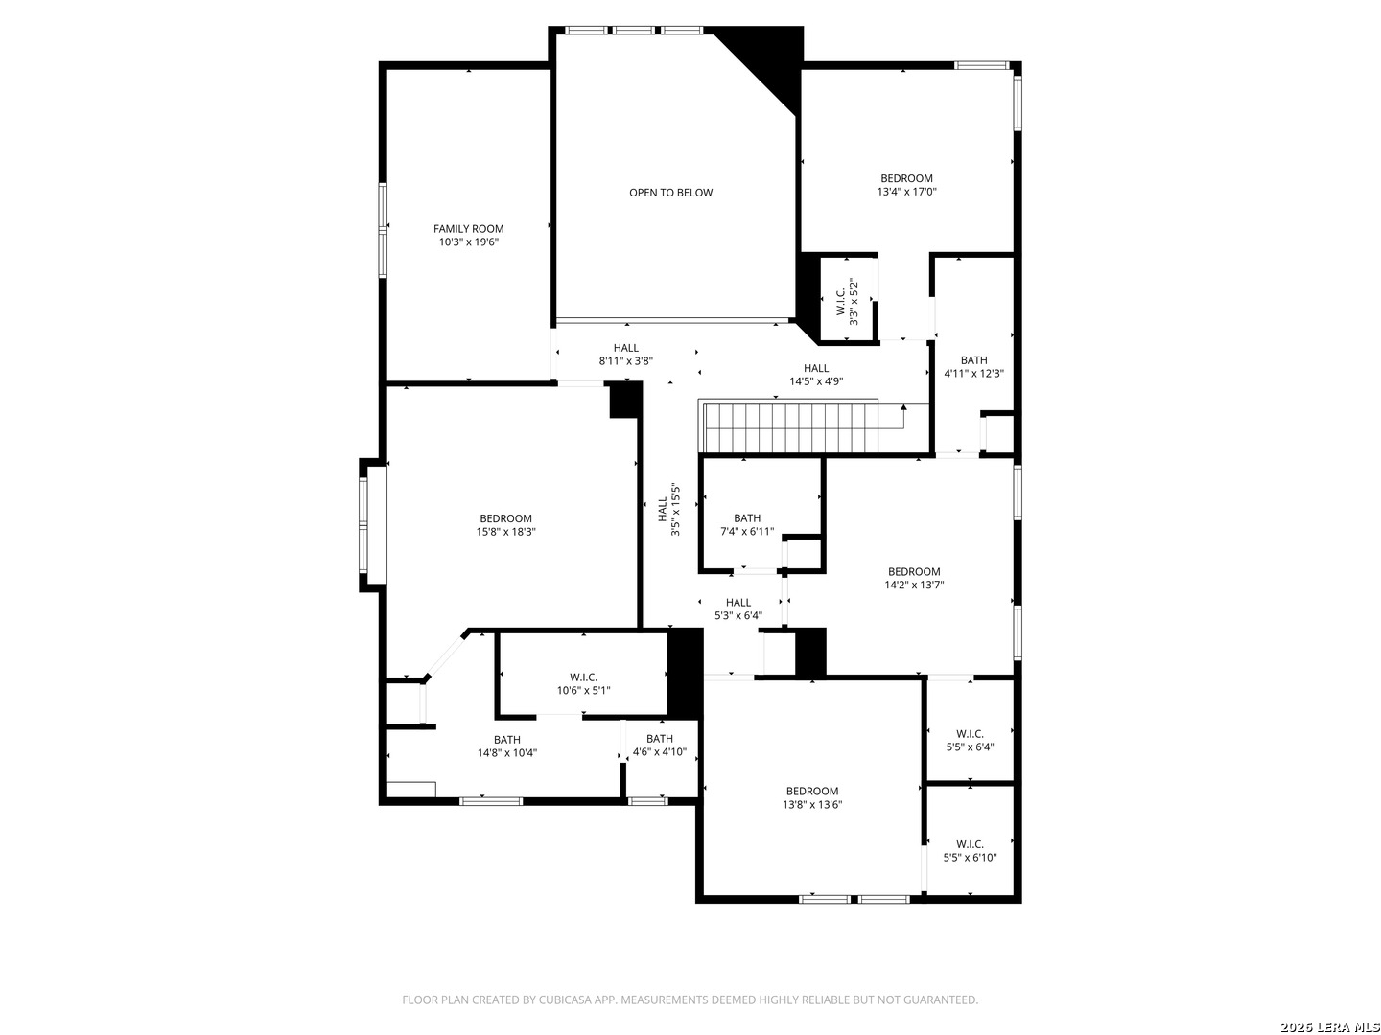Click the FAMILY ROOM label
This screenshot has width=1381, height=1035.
pyautogui.click(x=468, y=229)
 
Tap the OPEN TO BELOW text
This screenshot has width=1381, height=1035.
pyautogui.click(x=670, y=193)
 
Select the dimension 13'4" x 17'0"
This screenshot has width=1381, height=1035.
pyautogui.click(x=906, y=192)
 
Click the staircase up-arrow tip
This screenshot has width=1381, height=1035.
pyautogui.click(x=903, y=407)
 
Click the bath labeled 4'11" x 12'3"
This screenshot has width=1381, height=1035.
pyautogui.click(x=973, y=367)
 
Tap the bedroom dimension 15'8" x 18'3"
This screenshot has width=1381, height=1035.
pyautogui.click(x=505, y=532)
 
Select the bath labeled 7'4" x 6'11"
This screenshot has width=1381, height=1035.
pyautogui.click(x=747, y=524)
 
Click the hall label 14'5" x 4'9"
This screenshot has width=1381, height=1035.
pyautogui.click(x=816, y=375)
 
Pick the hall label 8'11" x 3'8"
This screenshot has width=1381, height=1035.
pyautogui.click(x=625, y=355)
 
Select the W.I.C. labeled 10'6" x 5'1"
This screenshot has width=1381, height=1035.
pyautogui.click(x=583, y=683)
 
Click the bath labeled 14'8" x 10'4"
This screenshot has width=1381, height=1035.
pyautogui.click(x=507, y=747)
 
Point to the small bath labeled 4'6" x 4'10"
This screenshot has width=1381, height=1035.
pyautogui.click(x=659, y=746)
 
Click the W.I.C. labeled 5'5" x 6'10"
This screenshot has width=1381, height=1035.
pyautogui.click(x=970, y=851)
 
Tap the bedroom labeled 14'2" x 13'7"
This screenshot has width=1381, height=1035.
pyautogui.click(x=914, y=578)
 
